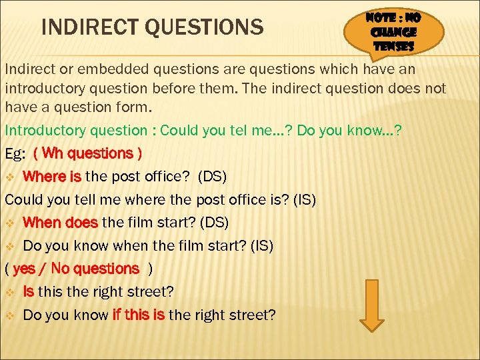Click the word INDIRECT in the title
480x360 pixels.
tap(93, 27)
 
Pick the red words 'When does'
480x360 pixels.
tap(61, 223)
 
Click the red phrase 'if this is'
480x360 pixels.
tap(138, 315)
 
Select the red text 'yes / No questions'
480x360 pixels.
tap(76, 269)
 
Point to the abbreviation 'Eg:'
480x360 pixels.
tap(15, 154)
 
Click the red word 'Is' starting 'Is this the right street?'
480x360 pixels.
tap(29, 291)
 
